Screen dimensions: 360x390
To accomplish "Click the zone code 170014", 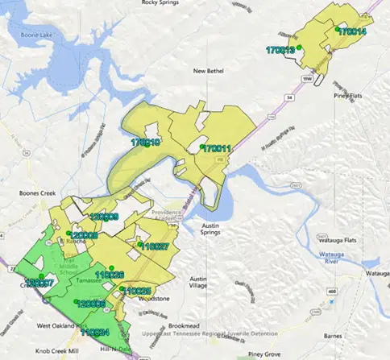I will click(x=352, y=32).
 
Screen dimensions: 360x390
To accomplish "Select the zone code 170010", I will click(x=145, y=143).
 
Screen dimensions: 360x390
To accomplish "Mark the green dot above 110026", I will click(x=113, y=268).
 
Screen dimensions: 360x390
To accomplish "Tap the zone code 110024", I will click(x=95, y=332).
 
